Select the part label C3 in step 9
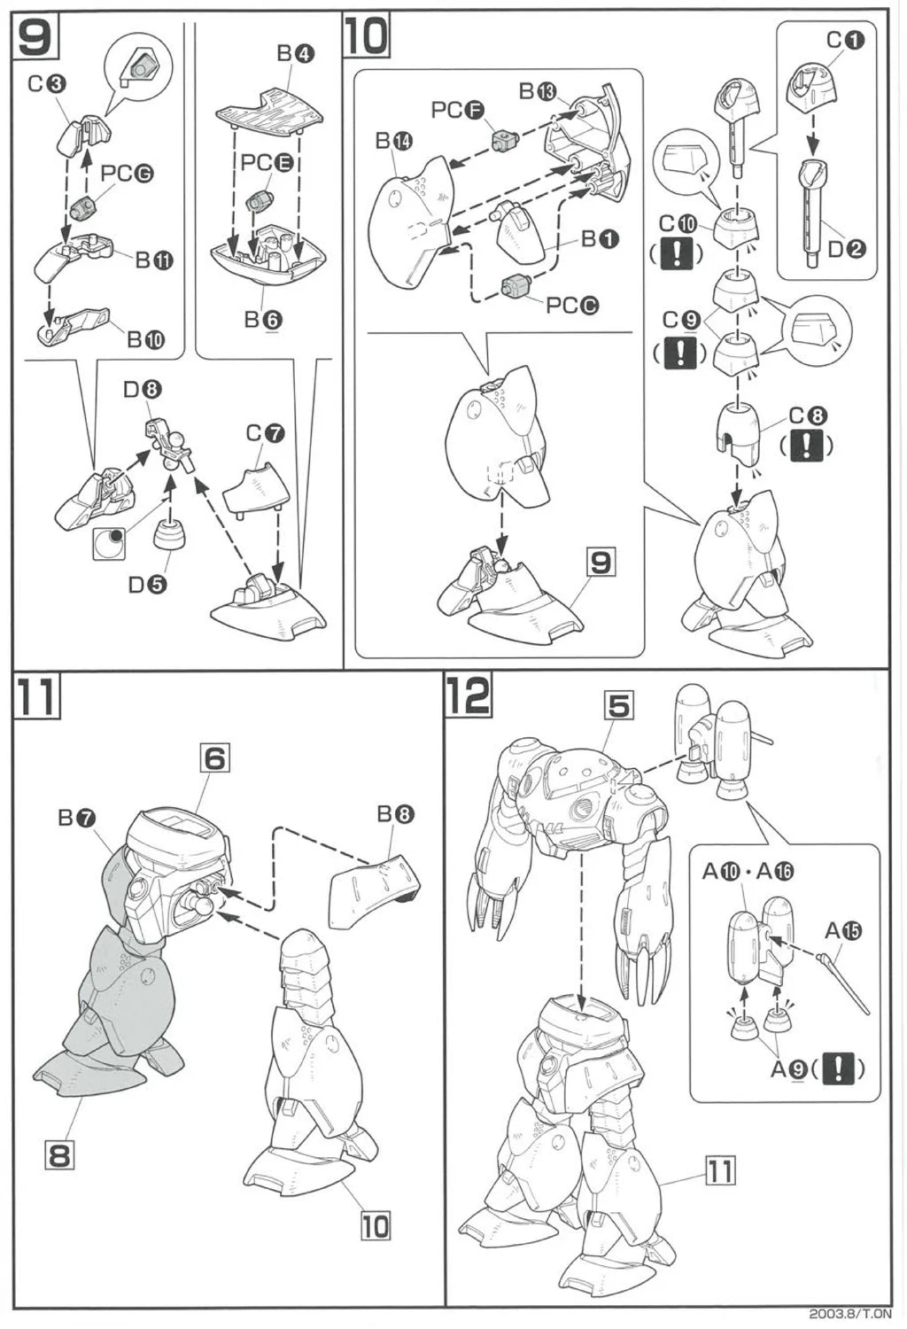click(x=47, y=85)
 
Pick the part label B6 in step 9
click(x=264, y=320)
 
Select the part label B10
click(x=146, y=339)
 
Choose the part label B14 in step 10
click(x=394, y=141)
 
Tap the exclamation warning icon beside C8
click(x=806, y=446)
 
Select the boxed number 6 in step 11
click(x=214, y=758)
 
